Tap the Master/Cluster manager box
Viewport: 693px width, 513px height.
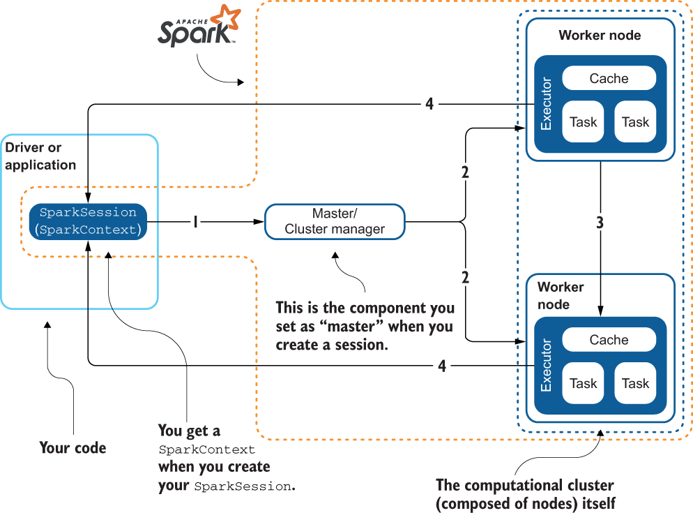click(x=335, y=222)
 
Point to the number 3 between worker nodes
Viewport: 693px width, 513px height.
click(x=600, y=224)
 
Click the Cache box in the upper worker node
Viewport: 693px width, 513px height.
click(x=609, y=79)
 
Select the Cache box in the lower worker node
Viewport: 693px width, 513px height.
click(x=609, y=340)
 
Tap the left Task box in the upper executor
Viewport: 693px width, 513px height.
click(x=583, y=122)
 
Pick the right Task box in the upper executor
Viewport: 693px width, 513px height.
click(x=635, y=122)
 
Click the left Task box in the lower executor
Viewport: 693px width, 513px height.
click(x=583, y=383)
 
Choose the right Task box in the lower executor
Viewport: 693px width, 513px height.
click(x=635, y=383)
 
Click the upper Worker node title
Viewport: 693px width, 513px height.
click(x=600, y=36)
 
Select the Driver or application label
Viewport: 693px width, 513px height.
click(x=40, y=156)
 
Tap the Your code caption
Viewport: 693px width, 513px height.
click(x=73, y=448)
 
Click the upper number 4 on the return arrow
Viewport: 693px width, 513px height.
click(x=429, y=105)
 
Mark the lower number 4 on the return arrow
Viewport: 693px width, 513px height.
click(x=442, y=365)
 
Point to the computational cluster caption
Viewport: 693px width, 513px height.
click(x=525, y=493)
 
